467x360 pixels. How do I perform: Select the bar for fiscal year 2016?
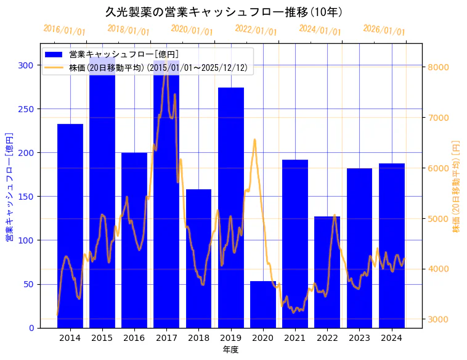click(134, 240)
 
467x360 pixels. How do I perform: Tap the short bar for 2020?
click(263, 305)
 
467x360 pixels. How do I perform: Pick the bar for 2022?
click(327, 272)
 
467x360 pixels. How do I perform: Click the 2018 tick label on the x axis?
click(198, 337)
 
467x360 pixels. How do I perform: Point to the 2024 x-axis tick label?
click(392, 337)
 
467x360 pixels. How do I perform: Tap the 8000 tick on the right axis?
click(439, 67)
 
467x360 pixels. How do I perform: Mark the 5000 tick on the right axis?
click(439, 219)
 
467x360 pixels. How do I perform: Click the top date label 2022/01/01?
click(256, 30)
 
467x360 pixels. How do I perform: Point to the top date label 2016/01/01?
click(64, 30)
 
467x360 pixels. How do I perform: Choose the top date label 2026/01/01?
click(384, 30)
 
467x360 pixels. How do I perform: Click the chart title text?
click(224, 12)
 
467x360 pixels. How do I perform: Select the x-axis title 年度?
click(230, 350)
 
